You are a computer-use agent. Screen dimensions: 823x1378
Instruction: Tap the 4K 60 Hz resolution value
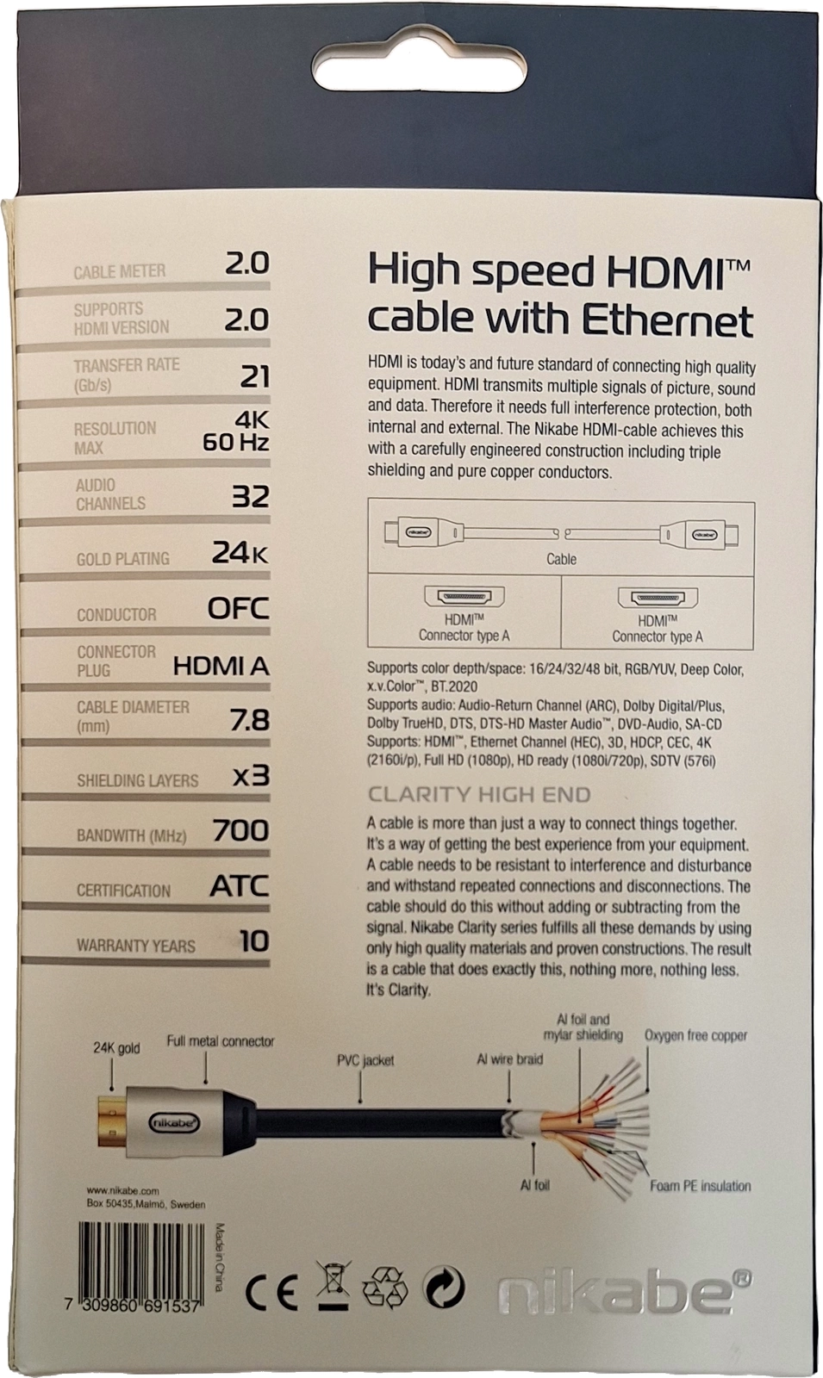[236, 431]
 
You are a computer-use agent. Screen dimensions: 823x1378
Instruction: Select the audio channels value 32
[251, 496]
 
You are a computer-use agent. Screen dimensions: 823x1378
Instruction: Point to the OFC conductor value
[238, 608]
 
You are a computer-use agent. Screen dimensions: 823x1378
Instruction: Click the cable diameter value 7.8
[250, 720]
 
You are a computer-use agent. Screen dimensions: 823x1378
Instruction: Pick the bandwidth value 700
[240, 830]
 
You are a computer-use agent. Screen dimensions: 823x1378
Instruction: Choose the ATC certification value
[240, 886]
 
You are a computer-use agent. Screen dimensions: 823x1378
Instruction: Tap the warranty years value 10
[254, 941]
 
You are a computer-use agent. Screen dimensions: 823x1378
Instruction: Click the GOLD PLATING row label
[123, 559]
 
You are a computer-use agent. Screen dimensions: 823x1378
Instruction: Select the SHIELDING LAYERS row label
[137, 780]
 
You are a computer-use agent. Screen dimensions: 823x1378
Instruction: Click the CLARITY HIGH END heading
[479, 795]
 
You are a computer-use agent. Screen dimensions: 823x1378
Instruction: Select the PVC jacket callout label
[365, 1060]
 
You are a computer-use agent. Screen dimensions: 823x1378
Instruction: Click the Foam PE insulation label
[701, 1185]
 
